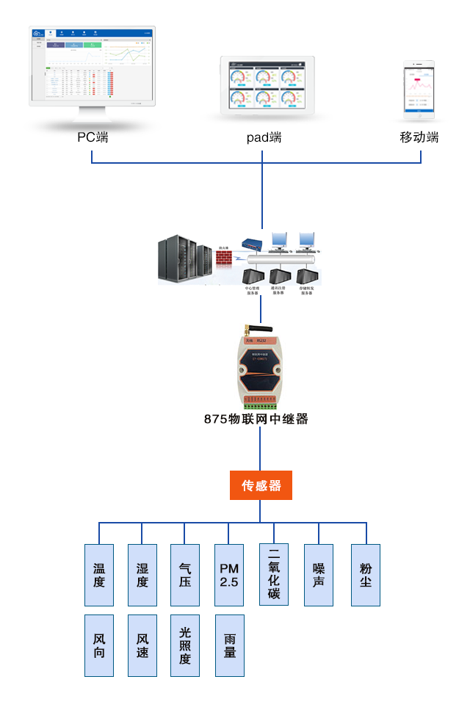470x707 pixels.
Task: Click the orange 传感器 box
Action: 261,485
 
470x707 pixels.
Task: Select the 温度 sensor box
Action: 99,575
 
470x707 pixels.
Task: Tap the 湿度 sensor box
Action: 142,575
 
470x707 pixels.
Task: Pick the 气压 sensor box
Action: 185,575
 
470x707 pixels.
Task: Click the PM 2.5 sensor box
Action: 229,575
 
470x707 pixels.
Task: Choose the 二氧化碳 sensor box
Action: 274,574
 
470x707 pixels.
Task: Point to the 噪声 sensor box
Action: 319,575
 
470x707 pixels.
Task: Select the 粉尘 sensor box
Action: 366,575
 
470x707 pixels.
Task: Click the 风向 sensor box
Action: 99,645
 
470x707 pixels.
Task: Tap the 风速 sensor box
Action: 142,645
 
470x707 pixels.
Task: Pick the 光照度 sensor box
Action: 185,645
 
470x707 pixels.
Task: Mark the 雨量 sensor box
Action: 229,645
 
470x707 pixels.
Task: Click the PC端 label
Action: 93,137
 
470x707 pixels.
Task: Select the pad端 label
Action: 264,137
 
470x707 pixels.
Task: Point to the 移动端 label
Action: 419,137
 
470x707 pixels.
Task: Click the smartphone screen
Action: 419,89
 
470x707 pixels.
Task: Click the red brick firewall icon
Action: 225,258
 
